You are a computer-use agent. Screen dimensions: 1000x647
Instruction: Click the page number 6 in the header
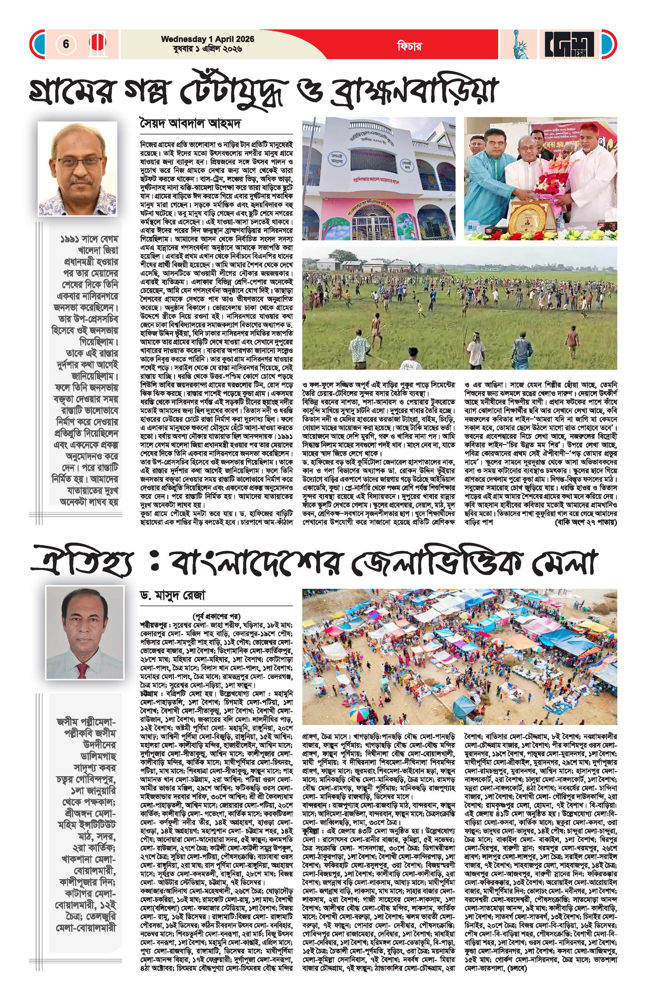point(66,44)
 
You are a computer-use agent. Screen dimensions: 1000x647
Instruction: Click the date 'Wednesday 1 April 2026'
point(208,39)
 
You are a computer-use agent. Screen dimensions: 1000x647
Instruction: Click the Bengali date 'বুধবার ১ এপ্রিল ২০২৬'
point(208,49)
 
